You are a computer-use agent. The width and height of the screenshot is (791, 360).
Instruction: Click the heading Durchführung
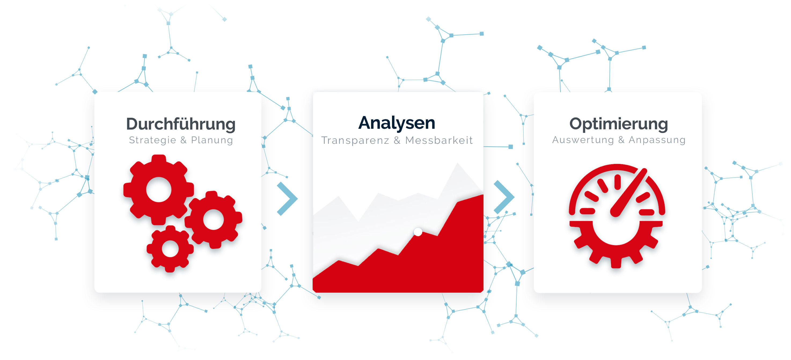point(181,124)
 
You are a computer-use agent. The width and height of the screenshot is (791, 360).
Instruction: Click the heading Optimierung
point(618,124)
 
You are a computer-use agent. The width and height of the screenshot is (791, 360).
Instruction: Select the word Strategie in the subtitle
point(153,140)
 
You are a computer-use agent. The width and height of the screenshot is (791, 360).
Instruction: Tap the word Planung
point(212,141)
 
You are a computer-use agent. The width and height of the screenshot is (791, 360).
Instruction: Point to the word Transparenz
point(355,140)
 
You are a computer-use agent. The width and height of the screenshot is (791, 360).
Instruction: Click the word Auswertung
point(583,140)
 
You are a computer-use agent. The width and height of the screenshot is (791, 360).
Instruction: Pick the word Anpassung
point(657,140)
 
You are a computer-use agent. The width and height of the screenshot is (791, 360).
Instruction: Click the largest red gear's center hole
point(159,189)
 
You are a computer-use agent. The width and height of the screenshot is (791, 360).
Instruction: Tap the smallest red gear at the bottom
point(170,249)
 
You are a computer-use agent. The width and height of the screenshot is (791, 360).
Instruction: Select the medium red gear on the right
point(213,219)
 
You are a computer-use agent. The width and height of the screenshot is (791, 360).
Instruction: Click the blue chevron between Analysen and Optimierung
point(504,197)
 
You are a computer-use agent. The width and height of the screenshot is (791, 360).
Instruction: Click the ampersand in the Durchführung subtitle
point(184,140)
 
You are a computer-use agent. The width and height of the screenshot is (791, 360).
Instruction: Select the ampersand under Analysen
point(397,140)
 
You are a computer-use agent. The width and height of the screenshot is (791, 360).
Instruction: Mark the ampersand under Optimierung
point(621,140)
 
